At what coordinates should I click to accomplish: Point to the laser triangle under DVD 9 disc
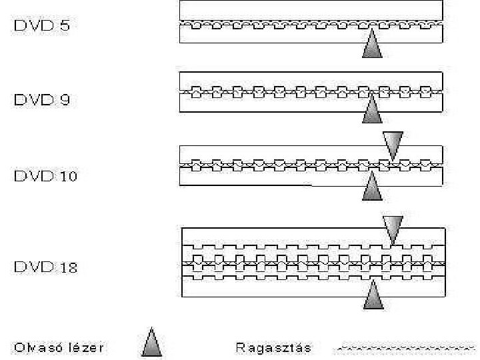[x=372, y=112]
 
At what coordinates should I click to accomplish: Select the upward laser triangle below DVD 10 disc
[x=372, y=189]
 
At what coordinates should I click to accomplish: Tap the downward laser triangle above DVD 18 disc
[x=393, y=229]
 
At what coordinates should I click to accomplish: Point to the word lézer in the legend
[x=86, y=347]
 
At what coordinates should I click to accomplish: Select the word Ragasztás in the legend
[x=274, y=347]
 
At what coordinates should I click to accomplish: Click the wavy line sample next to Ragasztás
[x=403, y=347]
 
